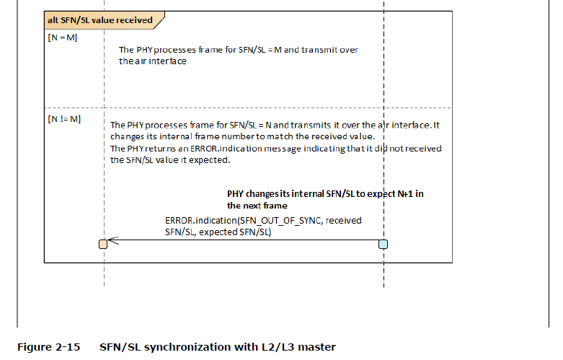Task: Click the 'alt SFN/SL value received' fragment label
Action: point(99,20)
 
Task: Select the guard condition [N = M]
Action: point(62,38)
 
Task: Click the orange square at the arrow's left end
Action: point(103,244)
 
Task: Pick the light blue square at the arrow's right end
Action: point(384,244)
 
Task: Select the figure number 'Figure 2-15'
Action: point(48,348)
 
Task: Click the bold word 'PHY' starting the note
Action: point(236,193)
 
